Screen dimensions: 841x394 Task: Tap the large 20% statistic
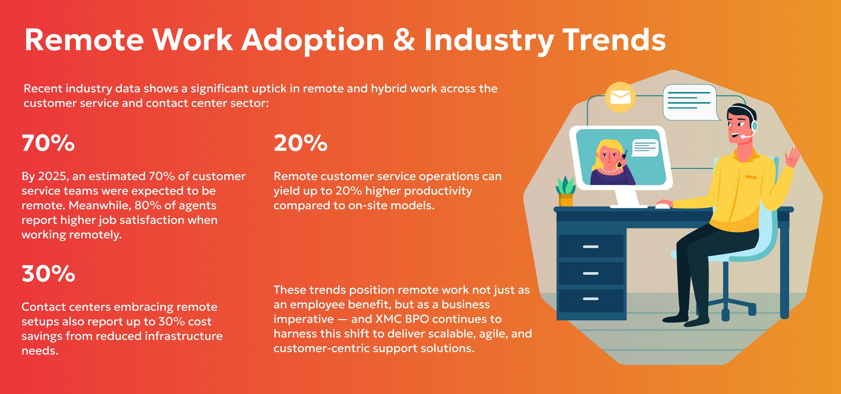tap(300, 143)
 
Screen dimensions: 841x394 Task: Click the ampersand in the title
tap(404, 40)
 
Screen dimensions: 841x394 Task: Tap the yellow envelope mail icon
tap(620, 97)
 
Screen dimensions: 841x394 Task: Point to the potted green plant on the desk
tap(566, 191)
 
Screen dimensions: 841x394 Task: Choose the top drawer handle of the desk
tap(591, 247)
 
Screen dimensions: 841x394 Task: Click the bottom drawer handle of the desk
tap(591, 299)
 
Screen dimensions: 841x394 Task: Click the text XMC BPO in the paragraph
tap(402, 319)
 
